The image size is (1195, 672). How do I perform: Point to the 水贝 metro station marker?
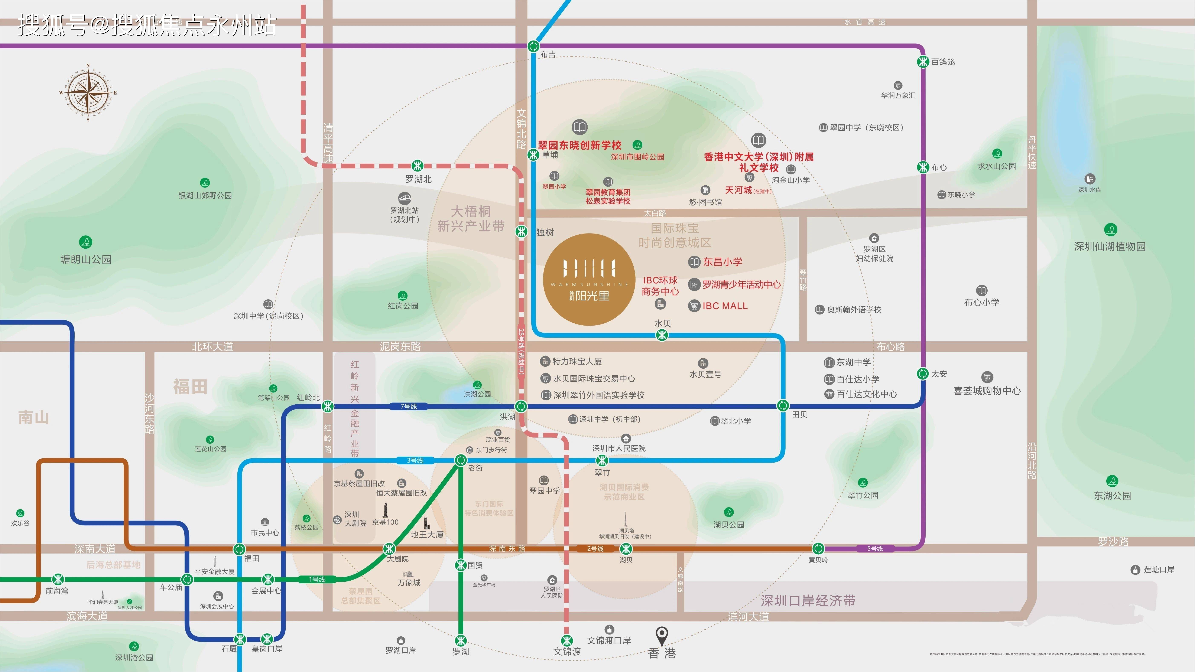[x=662, y=335]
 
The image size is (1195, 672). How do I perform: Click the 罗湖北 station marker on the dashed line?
[x=418, y=166]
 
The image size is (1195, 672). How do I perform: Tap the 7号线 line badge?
[x=409, y=406]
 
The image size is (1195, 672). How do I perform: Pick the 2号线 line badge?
[x=595, y=549]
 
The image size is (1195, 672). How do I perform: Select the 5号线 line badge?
[x=875, y=549]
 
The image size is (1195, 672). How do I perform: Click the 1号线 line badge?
[x=317, y=579]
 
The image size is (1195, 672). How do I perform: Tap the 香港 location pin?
[x=662, y=635]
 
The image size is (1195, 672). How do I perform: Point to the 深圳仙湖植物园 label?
[x=1110, y=246]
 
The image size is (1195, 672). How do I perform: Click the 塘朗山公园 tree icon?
[x=86, y=242]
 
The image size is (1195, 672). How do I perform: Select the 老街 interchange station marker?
[x=461, y=460]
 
